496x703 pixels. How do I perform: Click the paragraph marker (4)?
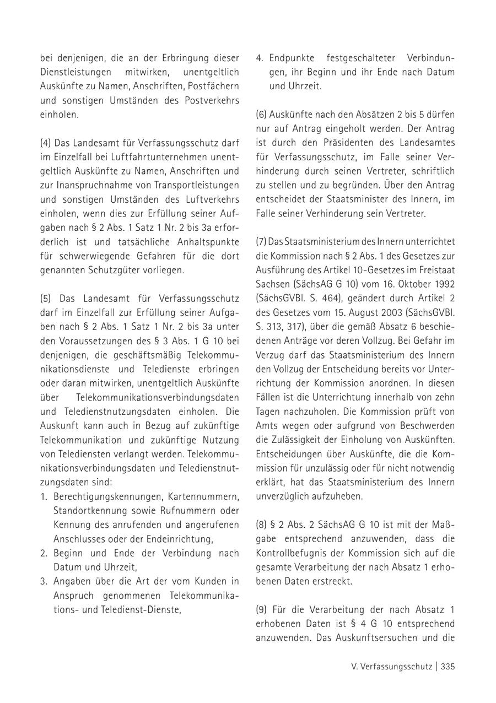(x=45, y=143)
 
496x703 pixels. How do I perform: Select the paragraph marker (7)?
(x=261, y=241)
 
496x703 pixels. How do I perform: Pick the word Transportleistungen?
(x=193, y=184)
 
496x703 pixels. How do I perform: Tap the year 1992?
(x=444, y=284)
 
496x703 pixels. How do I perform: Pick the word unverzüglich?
(x=283, y=496)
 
